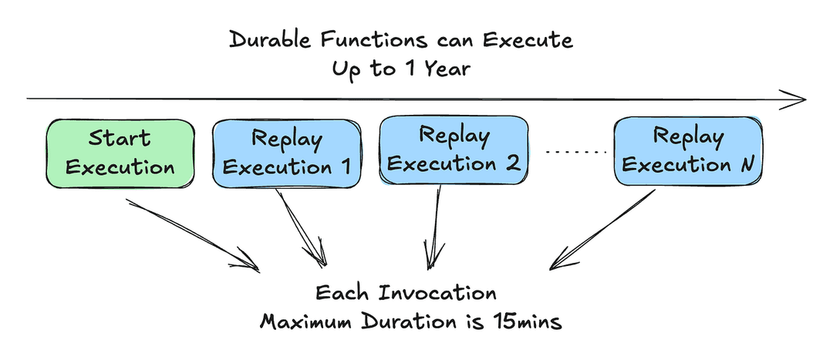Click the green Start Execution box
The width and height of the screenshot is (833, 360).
click(x=120, y=153)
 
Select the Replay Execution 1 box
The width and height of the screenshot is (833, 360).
click(x=286, y=153)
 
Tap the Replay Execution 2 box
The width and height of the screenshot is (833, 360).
click(x=454, y=150)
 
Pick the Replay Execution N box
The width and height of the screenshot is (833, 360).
click(x=688, y=151)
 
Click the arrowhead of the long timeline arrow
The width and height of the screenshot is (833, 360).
click(x=794, y=99)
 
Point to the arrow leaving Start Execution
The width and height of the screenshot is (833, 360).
click(x=192, y=235)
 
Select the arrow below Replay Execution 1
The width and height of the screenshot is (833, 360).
click(x=301, y=227)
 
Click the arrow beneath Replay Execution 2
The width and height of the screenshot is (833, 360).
click(x=434, y=227)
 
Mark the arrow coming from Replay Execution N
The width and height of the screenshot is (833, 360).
click(x=602, y=230)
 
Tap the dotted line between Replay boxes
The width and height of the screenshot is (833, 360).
click(x=576, y=153)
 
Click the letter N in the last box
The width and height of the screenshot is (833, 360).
click(x=748, y=165)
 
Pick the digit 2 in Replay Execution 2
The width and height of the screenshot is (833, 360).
click(x=512, y=163)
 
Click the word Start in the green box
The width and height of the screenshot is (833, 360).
click(x=120, y=139)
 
